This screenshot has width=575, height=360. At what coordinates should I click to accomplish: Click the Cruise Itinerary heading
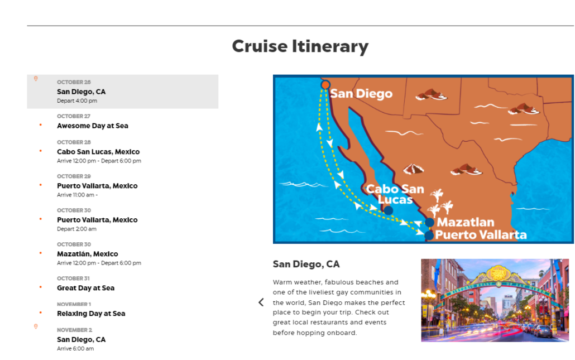[x=300, y=46]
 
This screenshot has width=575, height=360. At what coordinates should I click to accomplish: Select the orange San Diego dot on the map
[x=325, y=85]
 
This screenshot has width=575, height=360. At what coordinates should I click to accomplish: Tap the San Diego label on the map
[x=361, y=93]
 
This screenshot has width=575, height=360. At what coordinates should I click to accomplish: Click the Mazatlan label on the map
[x=466, y=222]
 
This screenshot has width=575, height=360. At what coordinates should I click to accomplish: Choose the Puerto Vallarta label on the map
[x=481, y=234]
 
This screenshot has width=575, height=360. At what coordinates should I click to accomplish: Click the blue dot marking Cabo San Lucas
[x=388, y=210]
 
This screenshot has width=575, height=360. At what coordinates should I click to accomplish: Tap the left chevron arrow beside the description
[x=261, y=302]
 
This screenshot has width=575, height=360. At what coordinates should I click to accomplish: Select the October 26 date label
[x=74, y=82]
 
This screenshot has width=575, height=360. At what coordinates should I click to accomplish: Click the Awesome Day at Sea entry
[x=93, y=126]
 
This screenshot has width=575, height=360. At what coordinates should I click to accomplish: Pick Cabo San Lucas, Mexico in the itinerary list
[x=98, y=152]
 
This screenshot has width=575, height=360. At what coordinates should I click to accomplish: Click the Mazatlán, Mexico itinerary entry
[x=88, y=254]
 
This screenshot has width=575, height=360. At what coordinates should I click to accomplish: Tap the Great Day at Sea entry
[x=85, y=288]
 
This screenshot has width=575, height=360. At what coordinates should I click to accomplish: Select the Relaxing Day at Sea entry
[x=91, y=314]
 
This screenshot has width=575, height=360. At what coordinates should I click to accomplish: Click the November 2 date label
[x=74, y=330]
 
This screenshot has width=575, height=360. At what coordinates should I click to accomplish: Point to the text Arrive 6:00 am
[x=75, y=349]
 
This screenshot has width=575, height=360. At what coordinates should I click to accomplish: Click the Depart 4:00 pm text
[x=77, y=101]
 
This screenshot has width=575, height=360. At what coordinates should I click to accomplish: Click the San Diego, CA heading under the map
[x=306, y=264]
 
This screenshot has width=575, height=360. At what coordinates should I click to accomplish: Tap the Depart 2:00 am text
[x=76, y=229]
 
